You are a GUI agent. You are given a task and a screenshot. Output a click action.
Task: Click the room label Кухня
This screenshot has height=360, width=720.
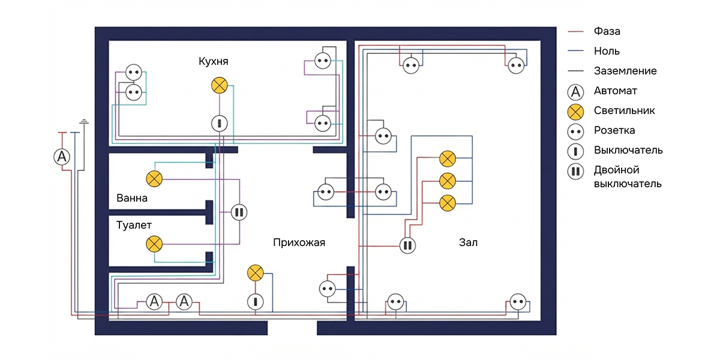click(214, 61)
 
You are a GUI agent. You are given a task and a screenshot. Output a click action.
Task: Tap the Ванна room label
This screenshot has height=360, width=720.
click(132, 198)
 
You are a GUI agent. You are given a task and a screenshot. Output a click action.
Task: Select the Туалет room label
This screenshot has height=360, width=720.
click(134, 225)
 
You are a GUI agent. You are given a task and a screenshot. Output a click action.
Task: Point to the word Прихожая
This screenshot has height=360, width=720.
click(299, 242)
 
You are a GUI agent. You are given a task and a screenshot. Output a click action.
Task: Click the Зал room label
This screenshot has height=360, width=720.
click(468, 242)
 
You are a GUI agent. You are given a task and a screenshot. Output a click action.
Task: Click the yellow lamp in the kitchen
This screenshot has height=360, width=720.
click(220, 85)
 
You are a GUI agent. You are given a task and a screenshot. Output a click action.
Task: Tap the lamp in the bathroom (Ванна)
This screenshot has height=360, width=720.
click(154, 179)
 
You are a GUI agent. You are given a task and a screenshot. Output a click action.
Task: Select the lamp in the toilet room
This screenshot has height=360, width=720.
click(154, 244)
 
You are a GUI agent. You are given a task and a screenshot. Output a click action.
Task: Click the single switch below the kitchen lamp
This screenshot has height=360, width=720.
click(220, 124)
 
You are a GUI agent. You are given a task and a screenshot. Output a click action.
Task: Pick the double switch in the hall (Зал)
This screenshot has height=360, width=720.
click(407, 245)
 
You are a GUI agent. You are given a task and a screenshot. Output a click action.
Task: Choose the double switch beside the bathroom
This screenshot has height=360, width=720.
click(239, 212)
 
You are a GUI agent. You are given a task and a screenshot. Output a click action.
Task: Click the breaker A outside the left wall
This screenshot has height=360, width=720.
click(62, 157)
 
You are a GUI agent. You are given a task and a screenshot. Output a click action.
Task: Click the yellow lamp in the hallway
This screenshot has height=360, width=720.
click(256, 273)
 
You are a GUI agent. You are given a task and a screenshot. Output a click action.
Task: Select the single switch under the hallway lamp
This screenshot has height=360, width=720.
click(256, 302)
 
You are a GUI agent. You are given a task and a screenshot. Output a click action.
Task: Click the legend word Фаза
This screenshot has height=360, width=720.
click(607, 31)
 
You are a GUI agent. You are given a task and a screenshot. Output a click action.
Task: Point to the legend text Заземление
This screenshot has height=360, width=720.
click(625, 71)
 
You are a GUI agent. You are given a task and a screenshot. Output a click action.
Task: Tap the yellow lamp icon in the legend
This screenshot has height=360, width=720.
click(575, 112)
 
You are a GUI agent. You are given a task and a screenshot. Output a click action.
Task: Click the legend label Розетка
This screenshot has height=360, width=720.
click(614, 130)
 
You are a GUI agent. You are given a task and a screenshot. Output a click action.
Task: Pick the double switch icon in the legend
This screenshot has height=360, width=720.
click(575, 172)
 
